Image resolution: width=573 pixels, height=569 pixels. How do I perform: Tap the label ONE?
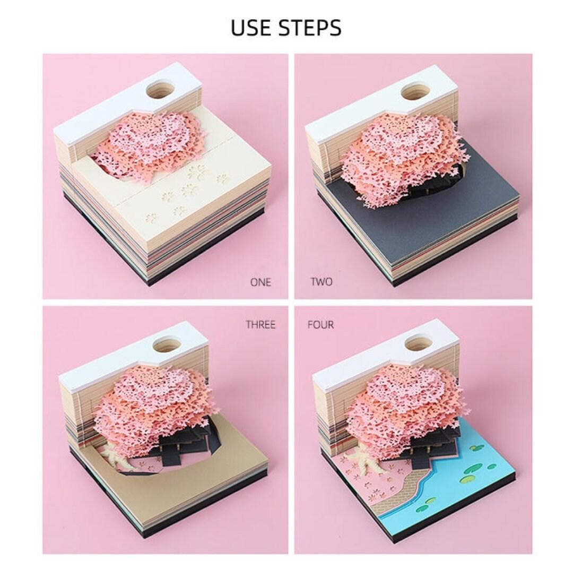261,282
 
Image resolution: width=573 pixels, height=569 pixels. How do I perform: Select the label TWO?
322,282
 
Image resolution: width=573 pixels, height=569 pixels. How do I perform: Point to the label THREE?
261,324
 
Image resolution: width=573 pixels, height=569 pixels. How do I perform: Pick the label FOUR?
320,324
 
